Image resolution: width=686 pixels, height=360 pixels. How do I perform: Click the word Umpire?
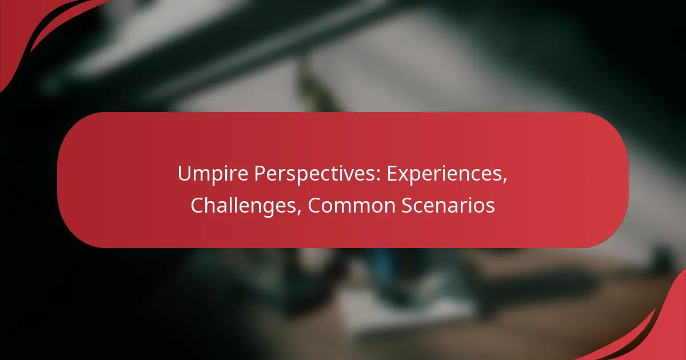[x=213, y=174]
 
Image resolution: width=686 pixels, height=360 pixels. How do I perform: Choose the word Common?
[x=352, y=205]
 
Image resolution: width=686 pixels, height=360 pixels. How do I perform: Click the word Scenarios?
[x=448, y=205]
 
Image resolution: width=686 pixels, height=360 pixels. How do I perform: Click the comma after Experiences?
[x=505, y=181]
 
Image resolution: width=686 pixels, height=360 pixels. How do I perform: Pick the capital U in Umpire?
[x=184, y=174]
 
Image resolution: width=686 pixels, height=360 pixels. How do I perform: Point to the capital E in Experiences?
[x=392, y=174]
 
